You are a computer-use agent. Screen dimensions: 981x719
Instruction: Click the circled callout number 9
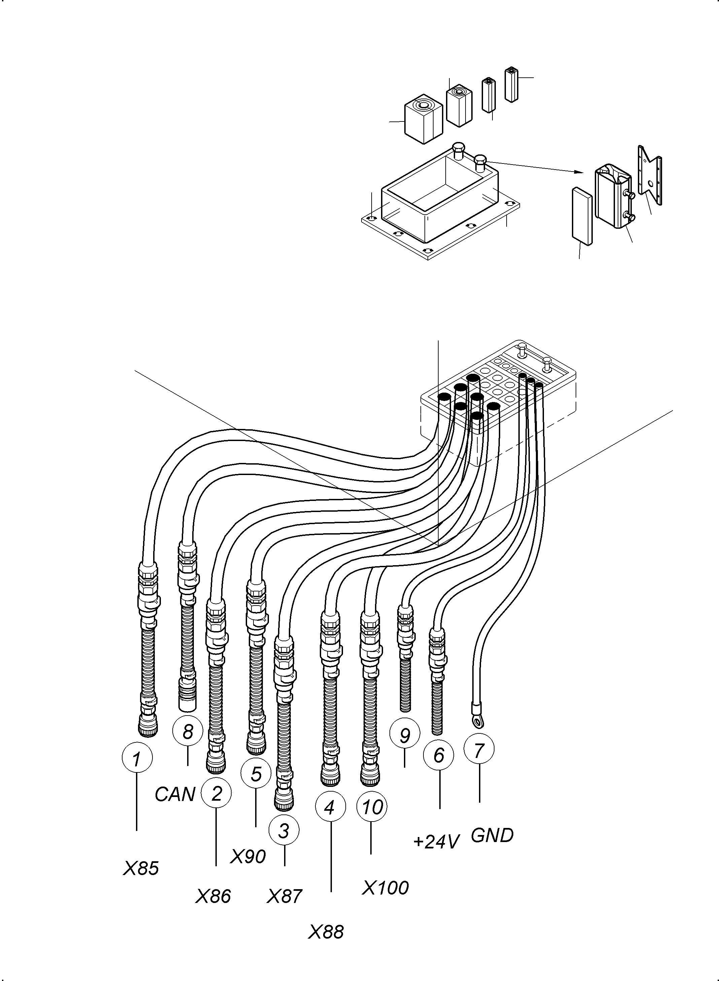(x=405, y=735)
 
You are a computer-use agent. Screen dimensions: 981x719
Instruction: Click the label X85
(x=141, y=868)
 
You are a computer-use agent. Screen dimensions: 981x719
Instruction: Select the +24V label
(x=436, y=842)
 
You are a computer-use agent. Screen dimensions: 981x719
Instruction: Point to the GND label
(x=492, y=835)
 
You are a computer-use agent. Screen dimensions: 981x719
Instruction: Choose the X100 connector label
(x=385, y=888)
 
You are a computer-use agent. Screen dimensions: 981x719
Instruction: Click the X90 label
(x=248, y=857)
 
